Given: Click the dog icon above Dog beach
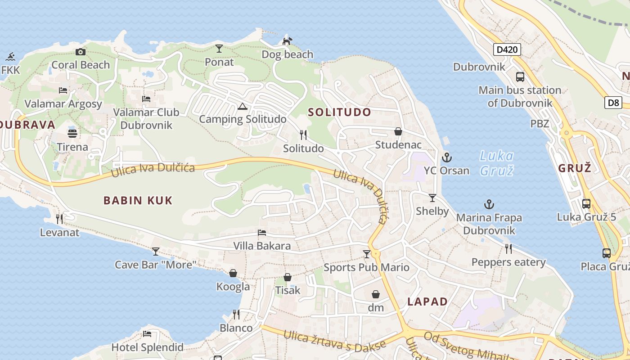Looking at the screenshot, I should pos(287,41).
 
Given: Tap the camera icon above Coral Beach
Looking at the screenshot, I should pos(81,52).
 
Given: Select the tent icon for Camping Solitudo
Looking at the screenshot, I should pos(243,107).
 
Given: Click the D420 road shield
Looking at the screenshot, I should pos(507,49).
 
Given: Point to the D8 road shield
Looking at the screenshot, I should pos(613,103).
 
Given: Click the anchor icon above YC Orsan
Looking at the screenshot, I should pos(446,157).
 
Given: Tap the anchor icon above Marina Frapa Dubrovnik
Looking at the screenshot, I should pos(489,205).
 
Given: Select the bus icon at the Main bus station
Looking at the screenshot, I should pos(520,77).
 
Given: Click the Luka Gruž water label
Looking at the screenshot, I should pos(496,163).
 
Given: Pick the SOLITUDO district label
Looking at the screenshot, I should pos(340,112).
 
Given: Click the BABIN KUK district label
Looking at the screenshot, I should pos(138,201).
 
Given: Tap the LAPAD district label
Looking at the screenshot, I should pos(427,301).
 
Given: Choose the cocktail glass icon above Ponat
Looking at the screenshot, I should pos(219,49).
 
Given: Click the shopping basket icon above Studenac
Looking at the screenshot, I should pos(398,131).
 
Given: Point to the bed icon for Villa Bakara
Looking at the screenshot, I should pos(262,233).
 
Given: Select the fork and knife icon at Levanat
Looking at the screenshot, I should pos(59,219).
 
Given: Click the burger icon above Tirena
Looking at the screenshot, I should pos(72,134).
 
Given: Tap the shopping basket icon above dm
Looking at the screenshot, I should pos(376,295).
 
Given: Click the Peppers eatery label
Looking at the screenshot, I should pos(508,262).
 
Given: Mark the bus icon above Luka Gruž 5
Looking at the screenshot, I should pos(586,203).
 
